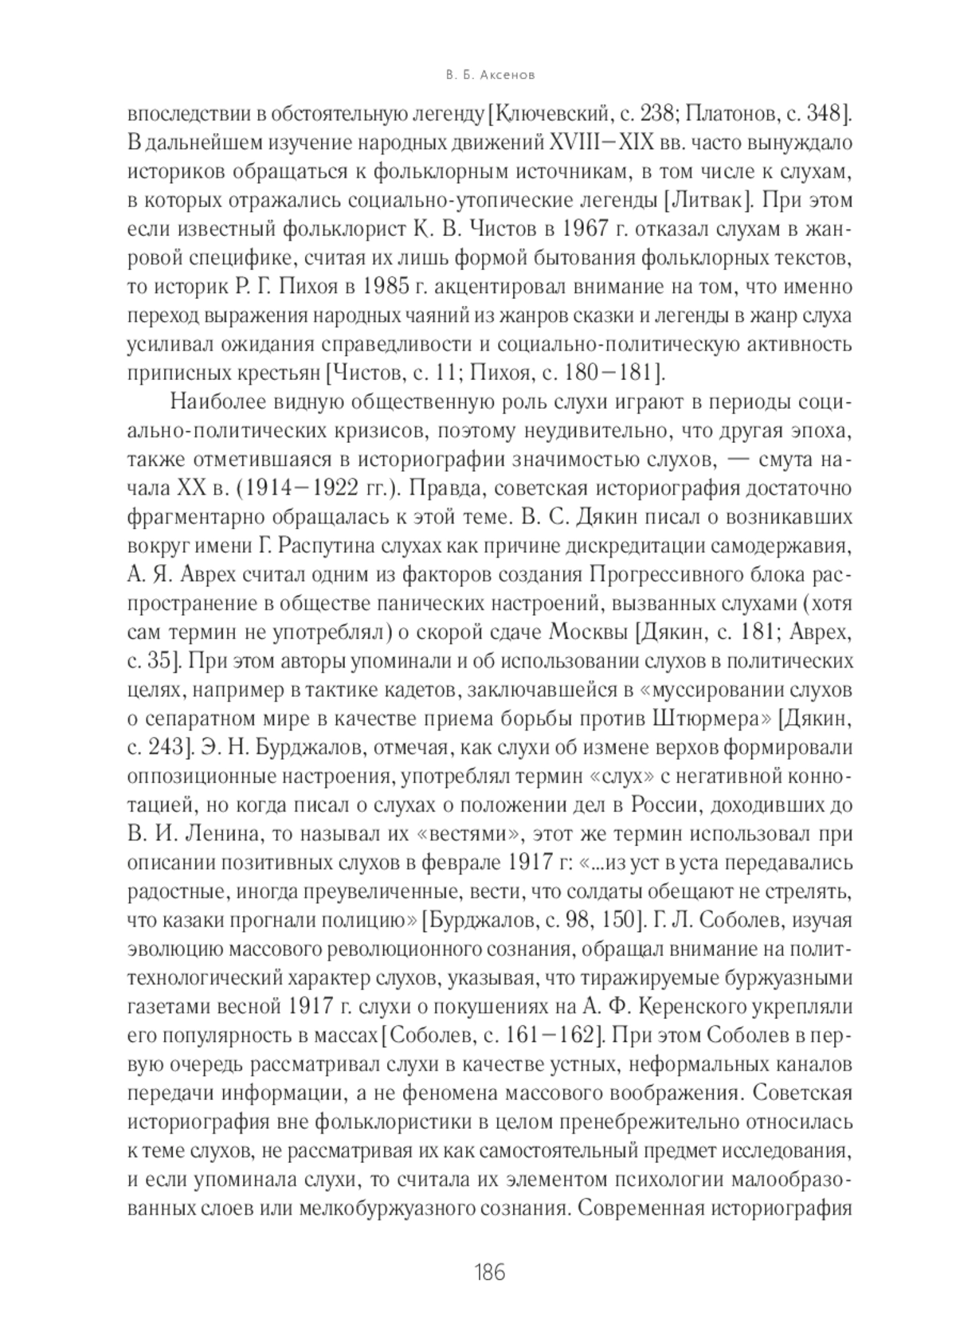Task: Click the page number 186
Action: click(489, 1271)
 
